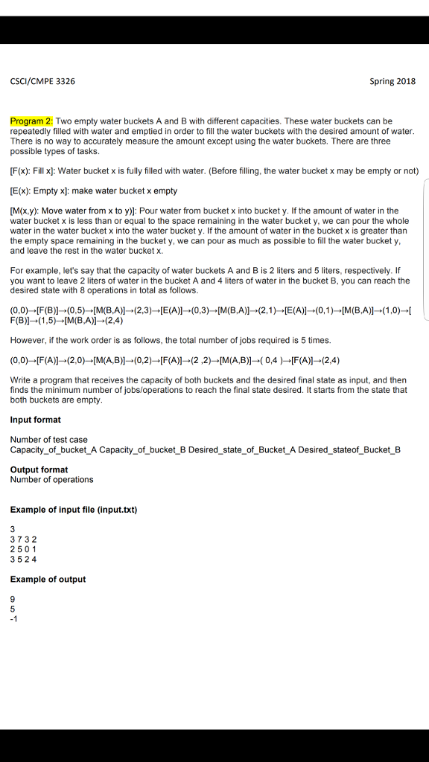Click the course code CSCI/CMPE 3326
tap(42, 81)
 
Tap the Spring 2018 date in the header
tap(392, 81)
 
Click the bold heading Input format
tap(36, 420)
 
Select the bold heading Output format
tap(39, 470)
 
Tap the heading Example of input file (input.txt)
tap(74, 509)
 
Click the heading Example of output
tap(48, 579)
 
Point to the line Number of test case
tap(48, 440)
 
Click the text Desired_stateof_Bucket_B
tap(349, 450)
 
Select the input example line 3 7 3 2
tap(24, 539)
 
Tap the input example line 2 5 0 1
tap(24, 548)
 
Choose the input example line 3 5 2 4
tap(24, 558)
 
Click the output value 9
tap(13, 598)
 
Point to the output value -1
tap(14, 618)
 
